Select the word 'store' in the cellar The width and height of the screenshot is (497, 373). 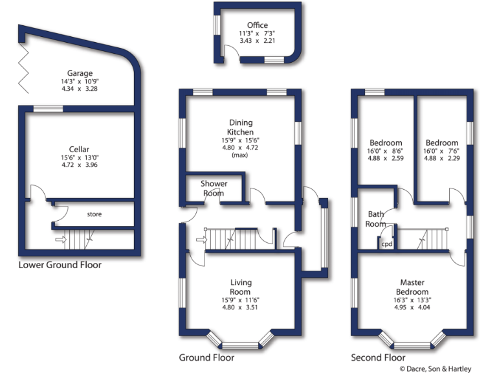pyautogui.click(x=94, y=214)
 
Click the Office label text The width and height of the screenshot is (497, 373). pyautogui.click(x=258, y=25)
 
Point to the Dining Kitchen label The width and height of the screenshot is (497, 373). pyautogui.click(x=241, y=127)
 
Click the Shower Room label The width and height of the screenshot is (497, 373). pyautogui.click(x=214, y=188)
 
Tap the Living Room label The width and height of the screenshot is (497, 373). pyautogui.click(x=241, y=287)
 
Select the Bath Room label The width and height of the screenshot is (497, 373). pyautogui.click(x=377, y=219)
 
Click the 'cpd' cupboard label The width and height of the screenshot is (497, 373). pyautogui.click(x=387, y=244)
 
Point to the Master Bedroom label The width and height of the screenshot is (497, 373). pyautogui.click(x=412, y=287)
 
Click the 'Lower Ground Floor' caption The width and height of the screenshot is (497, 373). pyautogui.click(x=60, y=265)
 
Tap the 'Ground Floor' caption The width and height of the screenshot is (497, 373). pyautogui.click(x=206, y=357)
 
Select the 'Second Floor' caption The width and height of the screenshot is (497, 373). pyautogui.click(x=378, y=357)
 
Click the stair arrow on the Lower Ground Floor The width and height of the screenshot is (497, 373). pyautogui.click(x=61, y=240)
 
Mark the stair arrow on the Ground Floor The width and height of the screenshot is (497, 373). pyautogui.click(x=201, y=241)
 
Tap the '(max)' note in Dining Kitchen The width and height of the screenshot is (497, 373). pyautogui.click(x=241, y=155)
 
